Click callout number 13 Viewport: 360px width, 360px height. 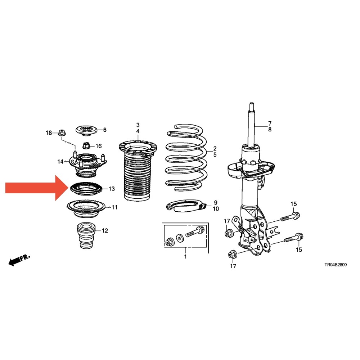pos(112,189)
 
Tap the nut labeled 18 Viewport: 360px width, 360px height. pos(62,133)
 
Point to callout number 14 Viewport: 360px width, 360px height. pos(60,162)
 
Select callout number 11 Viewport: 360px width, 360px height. pos(114,207)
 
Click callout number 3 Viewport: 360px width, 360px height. pos(138,125)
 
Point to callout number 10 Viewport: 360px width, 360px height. pos(216,209)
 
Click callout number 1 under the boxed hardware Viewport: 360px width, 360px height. pos(185,256)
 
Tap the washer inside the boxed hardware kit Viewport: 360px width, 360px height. pos(179,238)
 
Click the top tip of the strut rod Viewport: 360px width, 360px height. pos(252,103)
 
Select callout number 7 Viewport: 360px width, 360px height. pos(270,123)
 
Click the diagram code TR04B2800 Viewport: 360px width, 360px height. pos(336,265)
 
